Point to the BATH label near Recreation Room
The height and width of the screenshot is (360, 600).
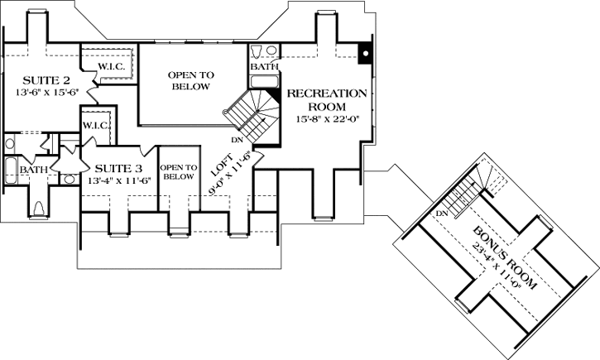point(265,65)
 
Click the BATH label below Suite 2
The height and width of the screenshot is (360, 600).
point(34,170)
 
